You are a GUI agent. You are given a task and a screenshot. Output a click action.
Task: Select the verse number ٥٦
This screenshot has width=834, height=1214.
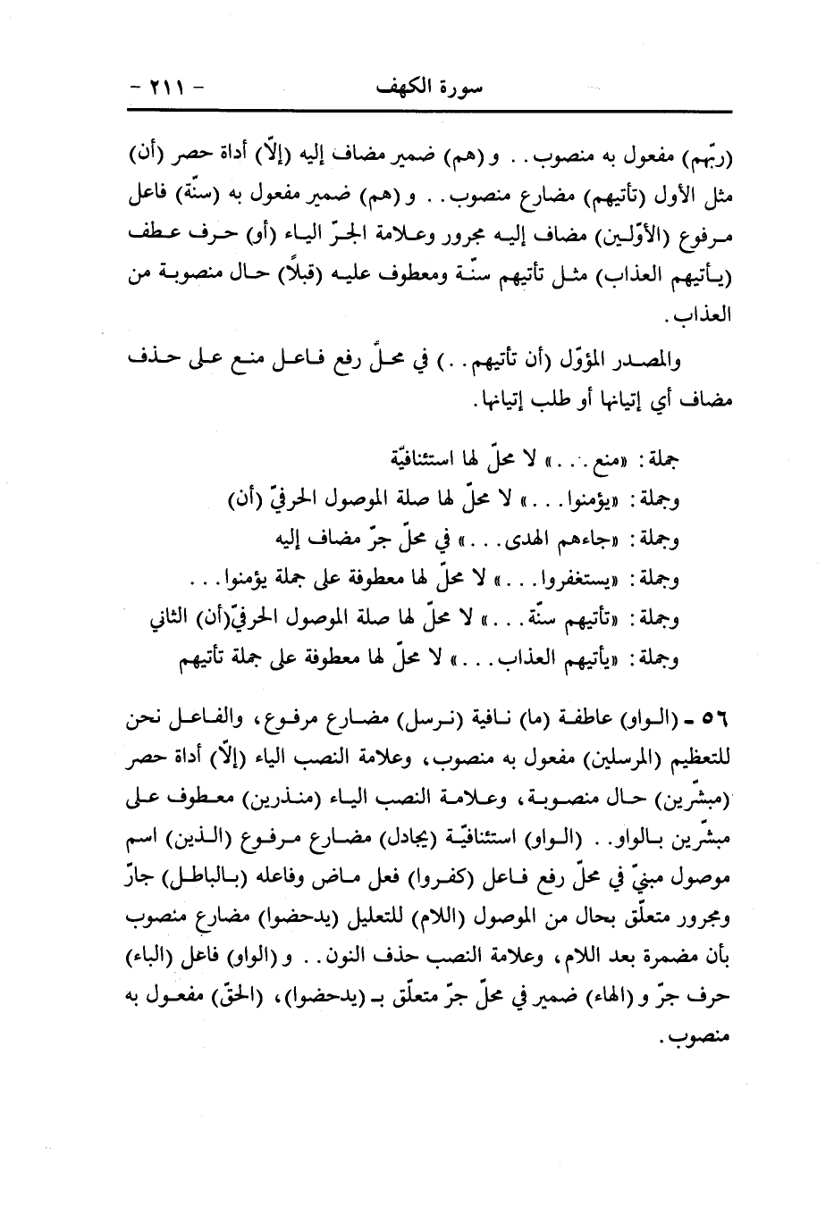719,719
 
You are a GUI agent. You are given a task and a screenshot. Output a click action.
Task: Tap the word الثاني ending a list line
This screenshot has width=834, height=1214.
171,620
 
